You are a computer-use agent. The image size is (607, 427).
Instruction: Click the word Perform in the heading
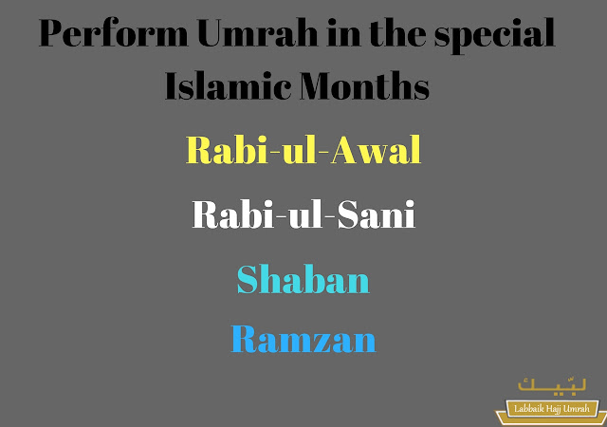[x=114, y=34]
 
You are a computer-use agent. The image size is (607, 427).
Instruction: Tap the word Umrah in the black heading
[x=257, y=32]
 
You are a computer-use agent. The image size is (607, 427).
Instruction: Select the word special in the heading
[x=495, y=35]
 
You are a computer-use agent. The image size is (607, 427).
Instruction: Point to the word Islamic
[x=228, y=85]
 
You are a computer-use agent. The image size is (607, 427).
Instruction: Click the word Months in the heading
[x=364, y=85]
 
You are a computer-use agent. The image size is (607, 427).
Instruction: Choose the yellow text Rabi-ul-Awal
[x=303, y=150]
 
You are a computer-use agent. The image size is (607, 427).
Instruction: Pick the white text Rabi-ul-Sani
[x=303, y=214]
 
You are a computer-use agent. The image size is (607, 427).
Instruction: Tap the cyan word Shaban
[x=303, y=279]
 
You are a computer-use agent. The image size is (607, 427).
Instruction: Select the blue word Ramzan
[x=303, y=339]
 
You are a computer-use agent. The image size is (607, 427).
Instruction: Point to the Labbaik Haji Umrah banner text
[x=552, y=408]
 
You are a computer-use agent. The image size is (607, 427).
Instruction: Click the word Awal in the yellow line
[x=376, y=150]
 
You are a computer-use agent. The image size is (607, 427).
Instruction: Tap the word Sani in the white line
[x=377, y=214]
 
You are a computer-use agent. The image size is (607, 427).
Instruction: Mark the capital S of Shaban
[x=248, y=279]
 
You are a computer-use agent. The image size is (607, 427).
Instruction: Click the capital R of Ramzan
[x=245, y=339]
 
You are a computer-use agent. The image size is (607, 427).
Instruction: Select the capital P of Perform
[x=54, y=32]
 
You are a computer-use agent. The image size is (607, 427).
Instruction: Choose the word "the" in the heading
[x=397, y=32]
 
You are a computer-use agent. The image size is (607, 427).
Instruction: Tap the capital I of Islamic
[x=173, y=85]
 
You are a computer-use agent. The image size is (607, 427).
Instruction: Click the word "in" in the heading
[x=343, y=32]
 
